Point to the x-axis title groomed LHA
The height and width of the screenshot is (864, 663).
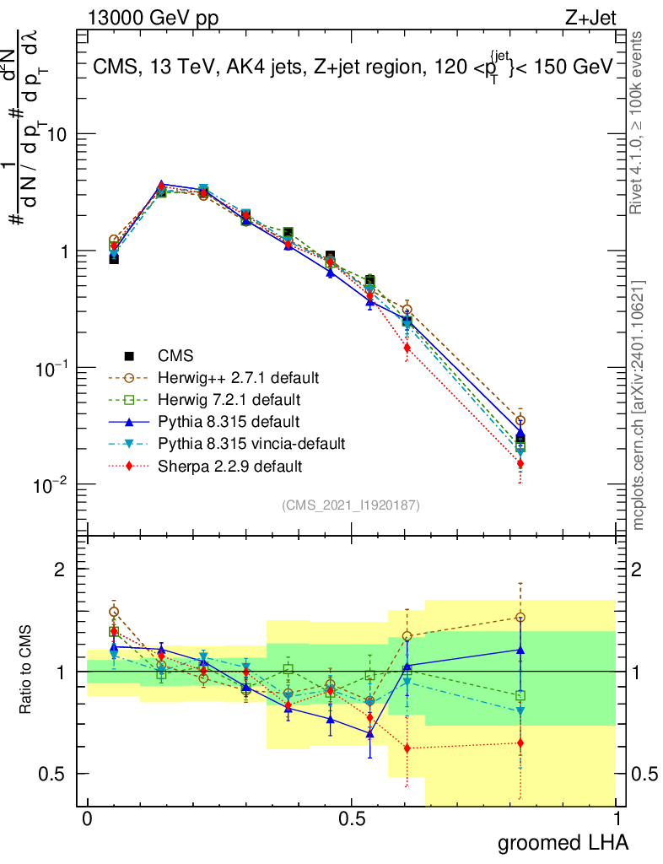(x=563, y=843)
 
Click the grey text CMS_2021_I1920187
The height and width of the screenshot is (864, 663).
(x=351, y=505)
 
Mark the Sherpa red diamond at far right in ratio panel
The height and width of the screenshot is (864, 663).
(x=520, y=743)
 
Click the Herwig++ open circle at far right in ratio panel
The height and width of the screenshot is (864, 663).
(x=520, y=618)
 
